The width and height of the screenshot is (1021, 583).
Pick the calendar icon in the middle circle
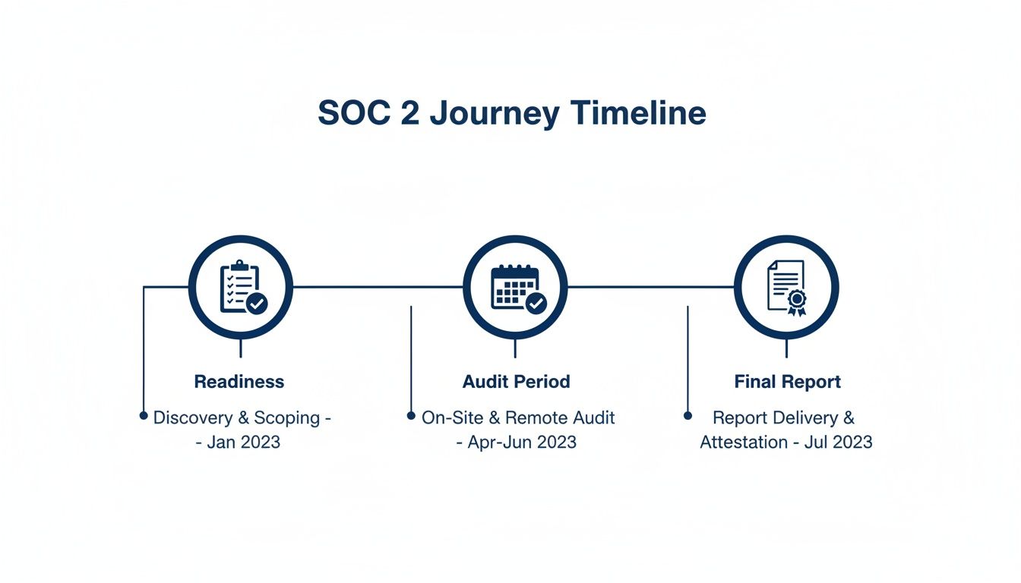point(515,287)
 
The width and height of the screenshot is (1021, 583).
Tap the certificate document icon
point(786,287)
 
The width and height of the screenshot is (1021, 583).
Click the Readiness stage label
point(239,382)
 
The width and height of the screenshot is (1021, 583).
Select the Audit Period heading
point(516,382)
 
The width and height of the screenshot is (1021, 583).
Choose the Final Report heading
point(788,382)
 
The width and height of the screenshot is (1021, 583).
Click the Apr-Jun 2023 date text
point(523,442)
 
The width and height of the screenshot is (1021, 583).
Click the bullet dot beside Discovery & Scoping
point(144,416)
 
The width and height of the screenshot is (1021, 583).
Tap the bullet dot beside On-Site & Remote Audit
point(411,416)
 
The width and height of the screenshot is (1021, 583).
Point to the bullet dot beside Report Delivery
point(688,416)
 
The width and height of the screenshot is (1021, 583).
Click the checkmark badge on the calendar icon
point(536,304)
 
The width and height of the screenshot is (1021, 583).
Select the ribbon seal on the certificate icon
point(796,301)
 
